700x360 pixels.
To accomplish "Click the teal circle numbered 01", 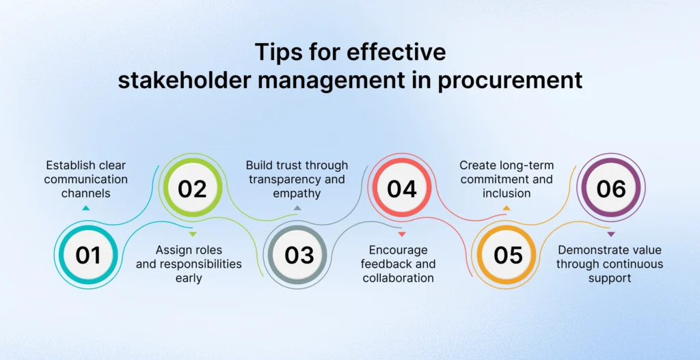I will point(87,255).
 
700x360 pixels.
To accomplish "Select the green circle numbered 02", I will point(192,189).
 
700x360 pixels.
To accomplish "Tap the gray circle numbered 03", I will point(298,255).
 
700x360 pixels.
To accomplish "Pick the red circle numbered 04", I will point(402,189).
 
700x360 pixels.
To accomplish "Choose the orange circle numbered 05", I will point(508,255).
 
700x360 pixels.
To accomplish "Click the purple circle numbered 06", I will point(612,189).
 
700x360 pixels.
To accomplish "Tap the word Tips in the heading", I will point(279,52).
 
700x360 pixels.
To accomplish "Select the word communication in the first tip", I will point(86,180).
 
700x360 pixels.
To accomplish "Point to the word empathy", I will point(297,193).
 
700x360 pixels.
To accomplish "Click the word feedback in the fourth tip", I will point(413,264).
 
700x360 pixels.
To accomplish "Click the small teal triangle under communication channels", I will point(86,208).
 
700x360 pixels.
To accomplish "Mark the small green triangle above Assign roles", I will point(193,234).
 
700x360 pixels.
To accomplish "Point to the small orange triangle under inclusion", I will point(507,208).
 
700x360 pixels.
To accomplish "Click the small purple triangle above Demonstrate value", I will point(610,234).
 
